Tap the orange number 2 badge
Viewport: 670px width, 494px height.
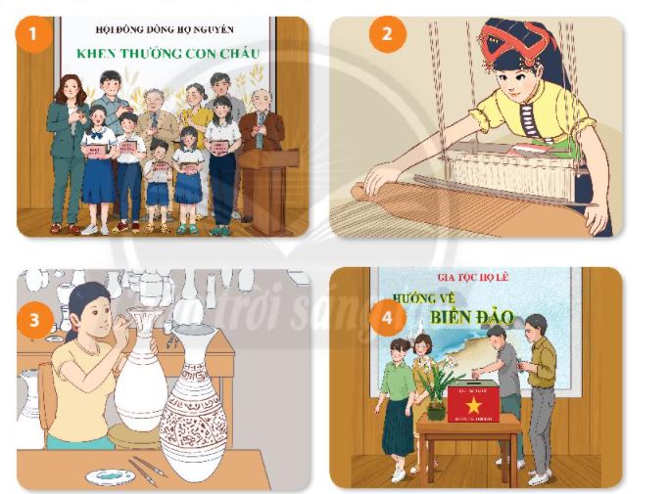coord(388,36)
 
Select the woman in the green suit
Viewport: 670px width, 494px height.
coord(69,147)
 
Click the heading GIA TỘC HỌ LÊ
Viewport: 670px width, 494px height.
coord(475,277)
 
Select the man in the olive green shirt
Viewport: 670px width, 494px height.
coord(539,386)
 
